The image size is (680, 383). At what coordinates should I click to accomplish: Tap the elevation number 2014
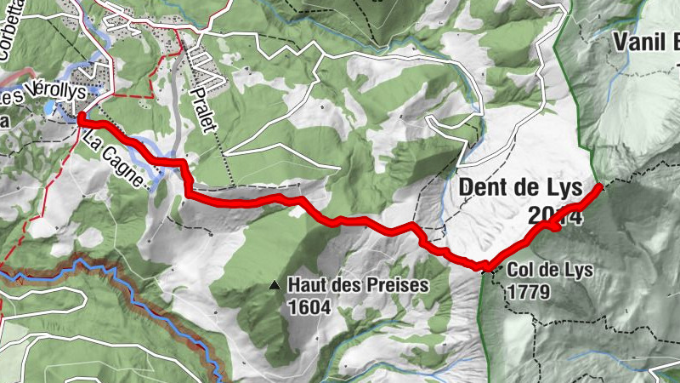(553, 214)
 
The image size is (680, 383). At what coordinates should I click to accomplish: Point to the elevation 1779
(530, 292)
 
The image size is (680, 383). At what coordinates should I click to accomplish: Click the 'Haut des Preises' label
(358, 286)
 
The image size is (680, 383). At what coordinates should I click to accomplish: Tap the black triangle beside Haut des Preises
(275, 286)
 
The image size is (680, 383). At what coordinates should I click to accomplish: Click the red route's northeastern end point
(600, 185)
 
